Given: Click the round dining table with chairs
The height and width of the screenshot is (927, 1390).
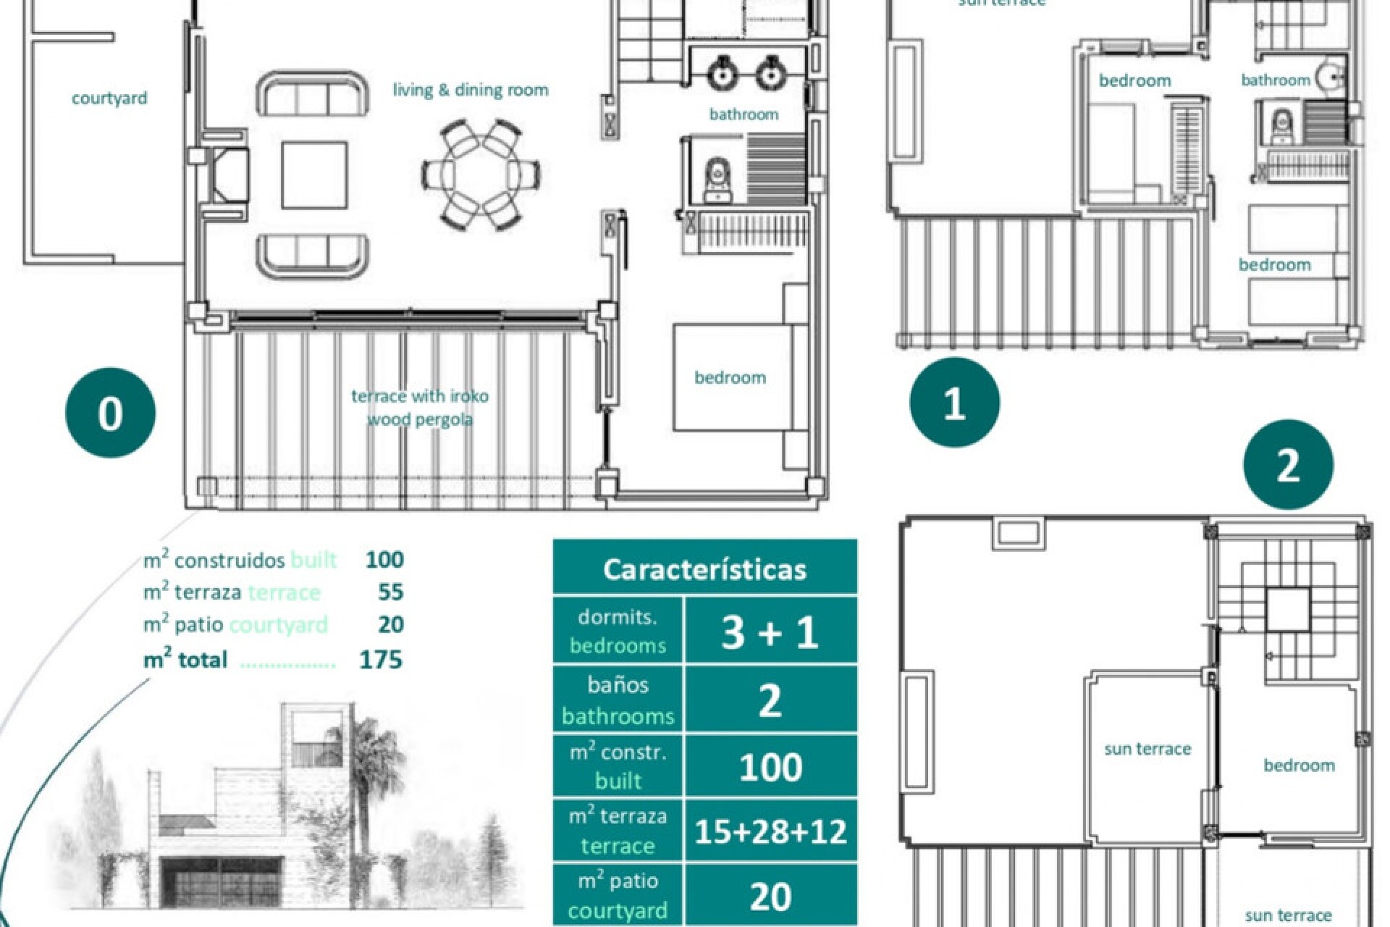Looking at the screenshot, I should pyautogui.click(x=481, y=175).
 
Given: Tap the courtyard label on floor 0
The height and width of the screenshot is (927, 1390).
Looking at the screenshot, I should pyautogui.click(x=109, y=98).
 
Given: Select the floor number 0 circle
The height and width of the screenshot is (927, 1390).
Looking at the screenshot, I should pyautogui.click(x=110, y=413).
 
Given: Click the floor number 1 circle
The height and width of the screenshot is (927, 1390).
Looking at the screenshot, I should pyautogui.click(x=954, y=403).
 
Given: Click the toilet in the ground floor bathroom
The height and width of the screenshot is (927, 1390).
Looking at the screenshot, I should pyautogui.click(x=717, y=179).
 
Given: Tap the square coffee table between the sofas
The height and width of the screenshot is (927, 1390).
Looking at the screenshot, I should pyautogui.click(x=314, y=175).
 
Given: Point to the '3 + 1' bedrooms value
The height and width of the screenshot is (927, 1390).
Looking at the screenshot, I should pyautogui.click(x=770, y=631).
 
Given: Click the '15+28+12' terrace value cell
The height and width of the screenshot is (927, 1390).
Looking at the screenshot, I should pyautogui.click(x=770, y=831).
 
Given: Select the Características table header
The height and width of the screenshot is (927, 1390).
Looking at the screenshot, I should pyautogui.click(x=704, y=569).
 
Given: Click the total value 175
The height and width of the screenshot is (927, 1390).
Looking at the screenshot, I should pyautogui.click(x=381, y=660).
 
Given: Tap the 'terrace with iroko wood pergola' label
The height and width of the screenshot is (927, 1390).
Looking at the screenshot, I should pyautogui.click(x=420, y=407).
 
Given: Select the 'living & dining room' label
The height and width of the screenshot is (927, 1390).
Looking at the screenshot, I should pyautogui.click(x=471, y=91).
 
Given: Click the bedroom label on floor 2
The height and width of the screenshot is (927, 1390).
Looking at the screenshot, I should pyautogui.click(x=1299, y=765).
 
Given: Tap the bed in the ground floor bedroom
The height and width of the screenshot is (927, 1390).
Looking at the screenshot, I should pyautogui.click(x=731, y=378).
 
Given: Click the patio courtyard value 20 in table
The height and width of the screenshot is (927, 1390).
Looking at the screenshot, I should pyautogui.click(x=770, y=897).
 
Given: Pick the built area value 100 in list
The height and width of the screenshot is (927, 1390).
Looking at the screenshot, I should pyautogui.click(x=384, y=559).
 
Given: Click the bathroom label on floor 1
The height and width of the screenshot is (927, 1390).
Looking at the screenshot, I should pyautogui.click(x=1276, y=80).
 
